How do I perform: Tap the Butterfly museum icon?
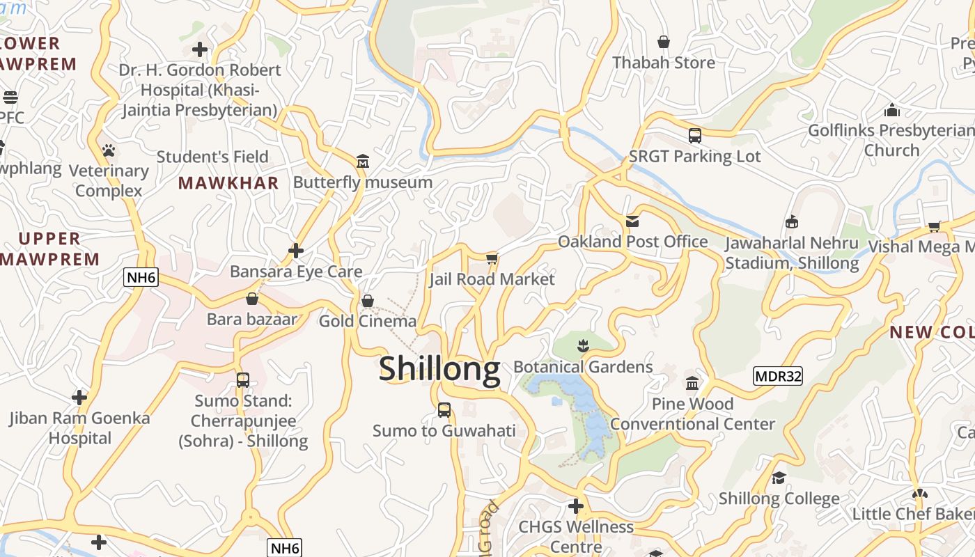363,162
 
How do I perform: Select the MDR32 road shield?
778,377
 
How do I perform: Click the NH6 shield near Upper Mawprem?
142,278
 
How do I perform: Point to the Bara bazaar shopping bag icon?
252,299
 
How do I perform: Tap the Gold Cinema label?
367,321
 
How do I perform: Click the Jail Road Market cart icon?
492,259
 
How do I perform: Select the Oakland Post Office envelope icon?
632,221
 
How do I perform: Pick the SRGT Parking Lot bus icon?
694,136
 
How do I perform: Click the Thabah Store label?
664,63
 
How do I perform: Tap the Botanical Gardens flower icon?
583,345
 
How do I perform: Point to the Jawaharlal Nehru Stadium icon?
791,222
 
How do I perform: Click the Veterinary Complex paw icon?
108,150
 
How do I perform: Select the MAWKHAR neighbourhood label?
228,183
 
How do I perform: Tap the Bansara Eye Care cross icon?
296,251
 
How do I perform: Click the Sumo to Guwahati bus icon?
444,410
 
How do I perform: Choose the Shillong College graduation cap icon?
779,478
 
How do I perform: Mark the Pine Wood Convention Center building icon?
692,383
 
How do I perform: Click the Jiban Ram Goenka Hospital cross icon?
79,398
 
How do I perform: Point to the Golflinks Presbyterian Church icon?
891,110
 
